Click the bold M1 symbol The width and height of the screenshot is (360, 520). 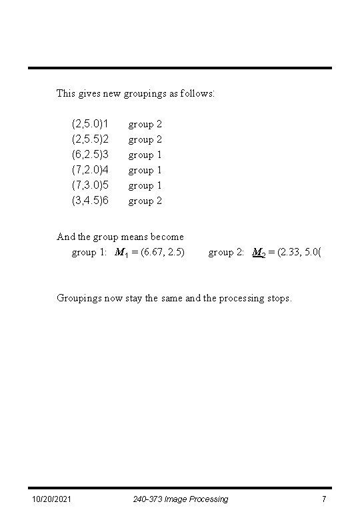tap(122, 253)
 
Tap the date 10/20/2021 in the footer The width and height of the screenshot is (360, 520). tap(52, 499)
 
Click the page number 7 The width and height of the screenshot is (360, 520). tap(323, 499)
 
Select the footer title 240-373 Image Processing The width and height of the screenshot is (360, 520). tap(180, 499)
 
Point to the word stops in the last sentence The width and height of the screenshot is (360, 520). tap(278, 299)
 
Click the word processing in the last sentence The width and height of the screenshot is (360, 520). tap(237, 299)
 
